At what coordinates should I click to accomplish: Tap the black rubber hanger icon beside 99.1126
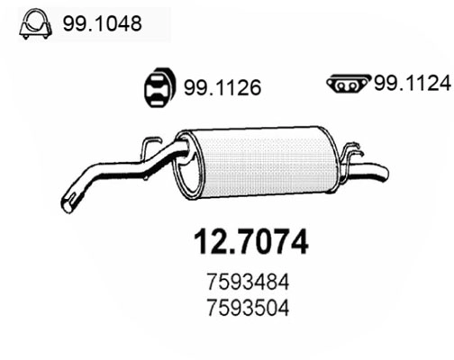click(159, 88)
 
